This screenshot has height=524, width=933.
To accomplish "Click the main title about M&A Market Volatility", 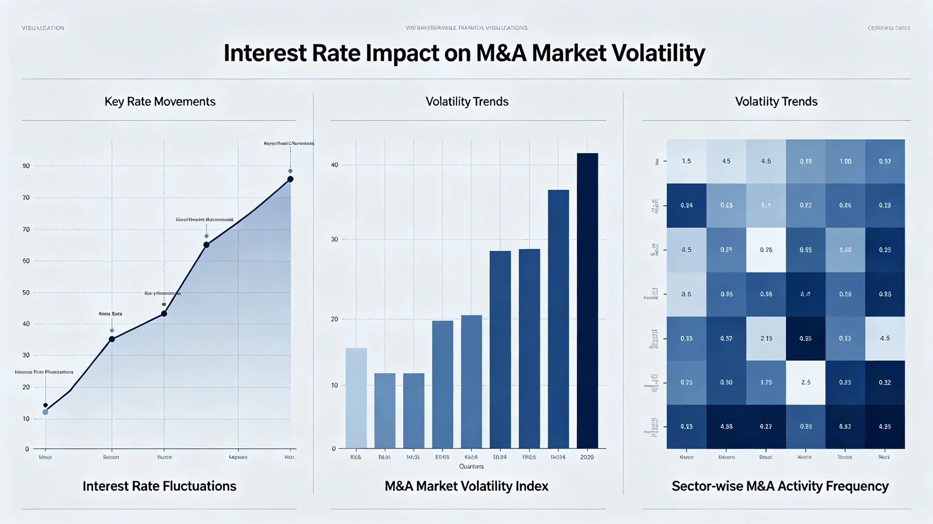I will [464, 53].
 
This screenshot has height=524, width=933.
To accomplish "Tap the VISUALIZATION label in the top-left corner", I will [43, 28].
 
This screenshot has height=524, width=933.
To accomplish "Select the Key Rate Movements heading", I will [160, 101].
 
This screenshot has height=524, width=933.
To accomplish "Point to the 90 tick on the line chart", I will [26, 166].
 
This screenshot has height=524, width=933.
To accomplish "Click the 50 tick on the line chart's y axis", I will [26, 293].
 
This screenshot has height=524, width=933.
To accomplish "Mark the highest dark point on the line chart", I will [290, 179].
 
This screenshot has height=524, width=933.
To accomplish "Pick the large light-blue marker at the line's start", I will [45, 412].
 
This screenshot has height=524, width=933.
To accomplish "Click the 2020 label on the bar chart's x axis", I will [587, 457].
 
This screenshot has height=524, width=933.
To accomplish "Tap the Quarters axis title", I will [471, 466].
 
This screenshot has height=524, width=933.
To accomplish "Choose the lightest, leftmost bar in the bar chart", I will [356, 398].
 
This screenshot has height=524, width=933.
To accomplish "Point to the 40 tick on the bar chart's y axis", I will [334, 165].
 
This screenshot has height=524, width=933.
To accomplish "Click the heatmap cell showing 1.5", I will [686, 161].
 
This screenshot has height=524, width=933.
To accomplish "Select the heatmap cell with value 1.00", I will [845, 161].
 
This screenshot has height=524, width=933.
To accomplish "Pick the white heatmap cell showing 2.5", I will [806, 383].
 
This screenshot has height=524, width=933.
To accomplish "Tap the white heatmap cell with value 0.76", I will [766, 250].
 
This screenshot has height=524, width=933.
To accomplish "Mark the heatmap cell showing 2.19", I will [766, 338].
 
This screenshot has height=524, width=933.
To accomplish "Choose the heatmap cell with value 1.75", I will [766, 383].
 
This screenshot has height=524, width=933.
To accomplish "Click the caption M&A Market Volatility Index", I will [466, 486].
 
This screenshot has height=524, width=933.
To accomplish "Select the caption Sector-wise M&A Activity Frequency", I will [780, 486].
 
